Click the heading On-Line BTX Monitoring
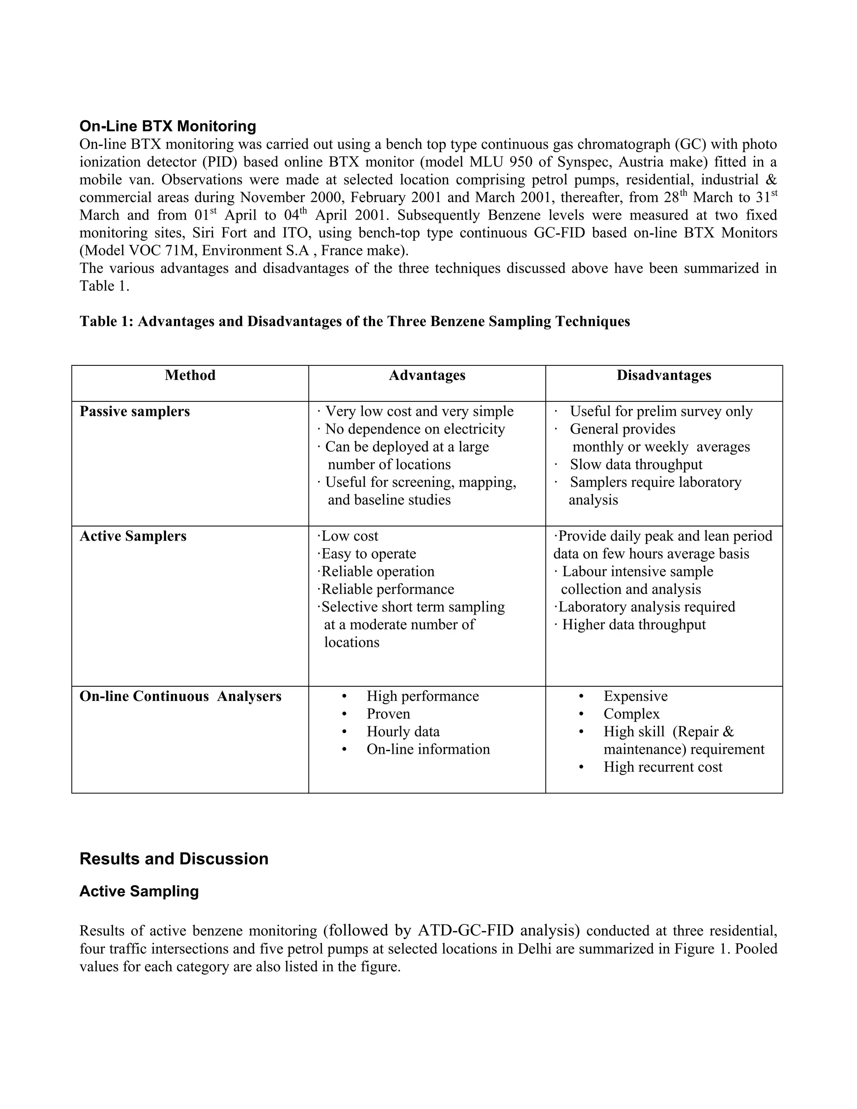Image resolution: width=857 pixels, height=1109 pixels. [167, 126]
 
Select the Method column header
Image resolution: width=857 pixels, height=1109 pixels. [190, 375]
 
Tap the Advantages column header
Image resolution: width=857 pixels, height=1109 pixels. [427, 375]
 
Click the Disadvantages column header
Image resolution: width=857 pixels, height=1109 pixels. [664, 375]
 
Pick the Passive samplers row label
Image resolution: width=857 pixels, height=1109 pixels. [135, 411]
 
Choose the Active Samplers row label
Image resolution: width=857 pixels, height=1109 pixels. [133, 536]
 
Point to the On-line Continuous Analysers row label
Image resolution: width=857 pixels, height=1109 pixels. [180, 696]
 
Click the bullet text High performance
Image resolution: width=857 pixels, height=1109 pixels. [422, 696]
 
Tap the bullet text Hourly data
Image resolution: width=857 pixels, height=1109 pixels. [403, 732]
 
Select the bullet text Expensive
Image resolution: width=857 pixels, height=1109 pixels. [635, 696]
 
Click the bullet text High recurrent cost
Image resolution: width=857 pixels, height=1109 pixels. [662, 767]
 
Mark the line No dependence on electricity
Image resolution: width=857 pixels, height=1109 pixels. [415, 429]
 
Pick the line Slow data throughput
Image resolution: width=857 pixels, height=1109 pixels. [636, 465]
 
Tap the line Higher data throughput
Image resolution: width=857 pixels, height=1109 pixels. [634, 624]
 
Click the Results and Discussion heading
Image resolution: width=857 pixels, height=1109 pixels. [174, 859]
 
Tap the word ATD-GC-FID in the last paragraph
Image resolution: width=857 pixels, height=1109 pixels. [466, 931]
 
